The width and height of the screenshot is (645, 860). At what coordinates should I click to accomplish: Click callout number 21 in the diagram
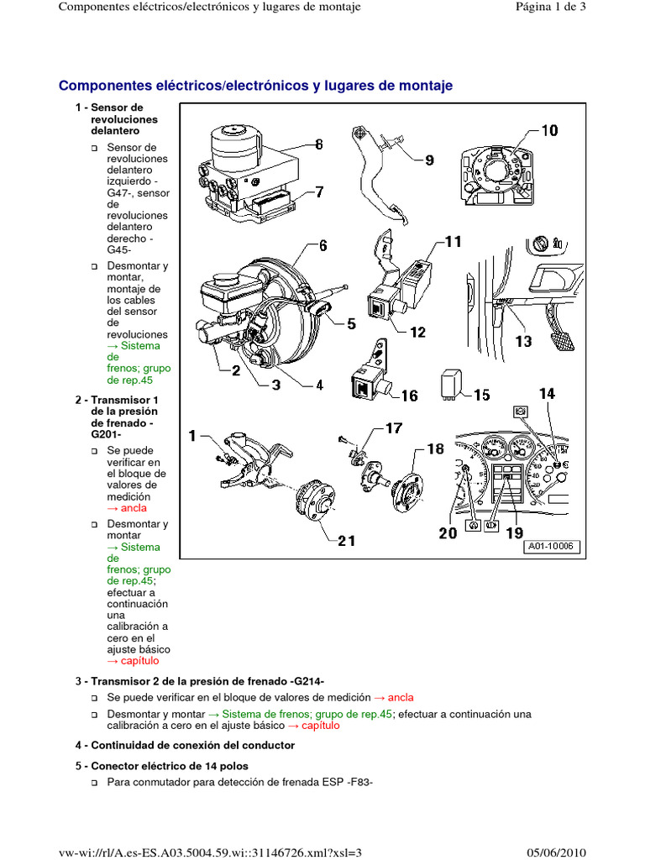[347, 541]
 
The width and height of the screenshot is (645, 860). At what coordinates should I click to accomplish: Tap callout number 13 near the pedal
[523, 341]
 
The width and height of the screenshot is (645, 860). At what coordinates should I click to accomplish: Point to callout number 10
[548, 131]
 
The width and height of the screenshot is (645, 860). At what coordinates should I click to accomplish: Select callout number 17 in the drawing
[393, 428]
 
